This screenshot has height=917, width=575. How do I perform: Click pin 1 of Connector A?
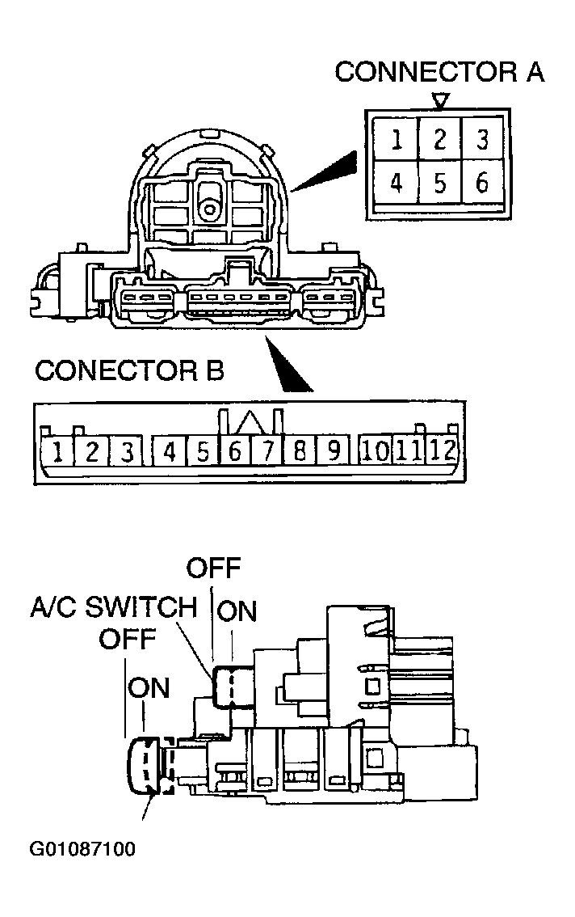[397, 140]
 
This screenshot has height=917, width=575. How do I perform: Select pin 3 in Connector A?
[482, 140]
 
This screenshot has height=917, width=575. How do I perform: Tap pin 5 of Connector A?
[439, 184]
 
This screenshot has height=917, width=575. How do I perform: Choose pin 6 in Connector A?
[482, 184]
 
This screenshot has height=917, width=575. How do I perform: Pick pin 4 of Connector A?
[397, 184]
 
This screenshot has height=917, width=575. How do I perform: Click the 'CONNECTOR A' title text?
[439, 72]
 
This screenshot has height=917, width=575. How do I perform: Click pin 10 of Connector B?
[376, 450]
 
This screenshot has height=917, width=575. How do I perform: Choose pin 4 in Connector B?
[169, 451]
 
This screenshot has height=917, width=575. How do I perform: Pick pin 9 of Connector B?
[332, 450]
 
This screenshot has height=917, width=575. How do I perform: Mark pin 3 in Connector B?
[126, 451]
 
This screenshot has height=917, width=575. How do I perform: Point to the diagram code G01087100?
[82, 849]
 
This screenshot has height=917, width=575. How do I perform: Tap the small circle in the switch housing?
[209, 209]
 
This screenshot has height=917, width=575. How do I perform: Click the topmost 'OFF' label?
[214, 568]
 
